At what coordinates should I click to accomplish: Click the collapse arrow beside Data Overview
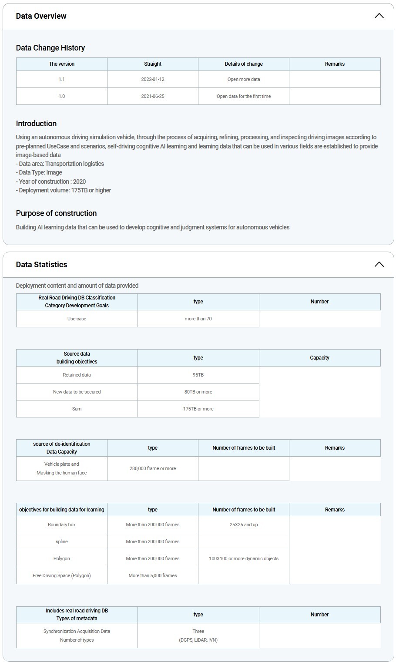click(x=379, y=16)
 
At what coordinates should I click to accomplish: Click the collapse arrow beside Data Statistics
click(x=379, y=265)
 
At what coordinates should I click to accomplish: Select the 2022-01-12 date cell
click(x=153, y=79)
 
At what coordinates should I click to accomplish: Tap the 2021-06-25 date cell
click(x=153, y=96)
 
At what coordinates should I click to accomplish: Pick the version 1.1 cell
click(x=62, y=79)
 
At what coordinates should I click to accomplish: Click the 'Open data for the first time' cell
click(x=244, y=96)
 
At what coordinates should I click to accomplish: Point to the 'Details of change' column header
click(x=244, y=64)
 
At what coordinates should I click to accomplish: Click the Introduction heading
click(x=36, y=124)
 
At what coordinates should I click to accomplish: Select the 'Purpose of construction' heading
click(x=56, y=213)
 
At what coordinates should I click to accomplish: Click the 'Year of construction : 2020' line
click(x=51, y=182)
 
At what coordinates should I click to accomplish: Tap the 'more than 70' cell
click(x=198, y=319)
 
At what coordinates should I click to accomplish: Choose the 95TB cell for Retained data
click(x=198, y=375)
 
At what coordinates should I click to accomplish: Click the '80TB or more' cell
click(x=198, y=392)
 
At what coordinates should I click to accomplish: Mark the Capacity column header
click(x=319, y=358)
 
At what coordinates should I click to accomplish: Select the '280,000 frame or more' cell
click(x=153, y=468)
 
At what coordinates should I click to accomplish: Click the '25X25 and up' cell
click(x=244, y=525)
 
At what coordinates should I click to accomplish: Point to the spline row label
click(x=62, y=542)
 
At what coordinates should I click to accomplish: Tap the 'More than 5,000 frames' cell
click(x=153, y=575)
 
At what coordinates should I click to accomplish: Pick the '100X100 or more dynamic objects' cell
click(x=244, y=558)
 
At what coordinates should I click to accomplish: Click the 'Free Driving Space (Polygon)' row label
click(x=62, y=575)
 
